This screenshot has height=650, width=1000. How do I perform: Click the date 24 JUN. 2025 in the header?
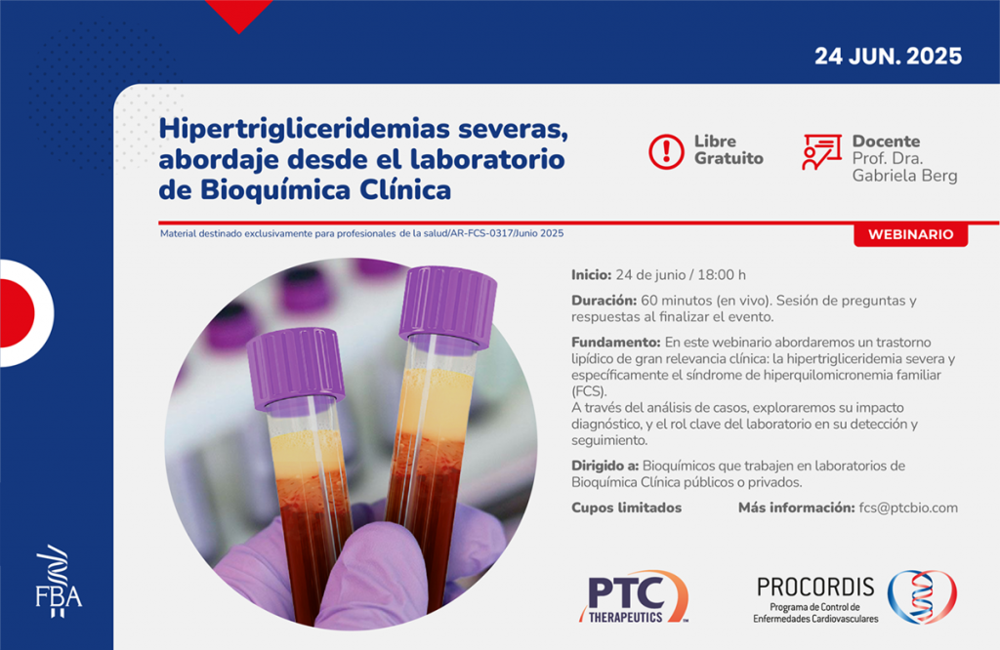(888, 56)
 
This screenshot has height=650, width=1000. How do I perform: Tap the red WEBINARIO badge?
(911, 234)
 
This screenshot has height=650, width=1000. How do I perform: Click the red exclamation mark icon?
(666, 151)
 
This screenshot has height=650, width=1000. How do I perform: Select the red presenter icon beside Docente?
(821, 151)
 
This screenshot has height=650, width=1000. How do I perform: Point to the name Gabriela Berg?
(904, 176)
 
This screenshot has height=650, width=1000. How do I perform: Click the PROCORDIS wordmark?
(815, 587)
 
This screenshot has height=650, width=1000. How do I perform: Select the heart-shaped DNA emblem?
(922, 596)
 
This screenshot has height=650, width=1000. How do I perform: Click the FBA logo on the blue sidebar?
(59, 581)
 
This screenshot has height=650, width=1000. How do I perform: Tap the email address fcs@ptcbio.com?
(908, 508)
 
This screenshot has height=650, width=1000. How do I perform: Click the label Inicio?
(591, 275)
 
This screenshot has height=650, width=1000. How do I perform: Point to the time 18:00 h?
(722, 275)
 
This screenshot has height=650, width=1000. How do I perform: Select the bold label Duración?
(604, 301)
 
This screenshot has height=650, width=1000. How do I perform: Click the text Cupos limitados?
(626, 508)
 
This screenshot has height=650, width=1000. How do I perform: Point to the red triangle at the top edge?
(239, 14)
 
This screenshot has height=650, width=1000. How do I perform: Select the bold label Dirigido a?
(604, 466)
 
